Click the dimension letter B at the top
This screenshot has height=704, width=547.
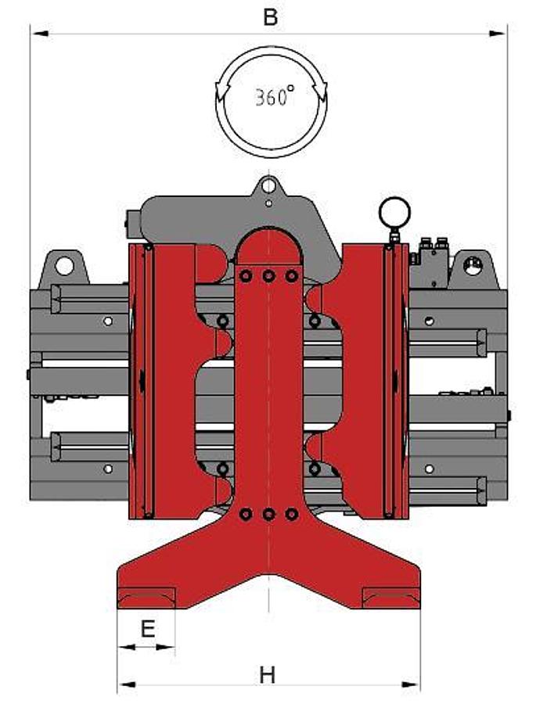[x=270, y=17]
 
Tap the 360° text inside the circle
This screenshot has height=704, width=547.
[x=273, y=97]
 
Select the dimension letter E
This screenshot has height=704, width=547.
[x=146, y=629]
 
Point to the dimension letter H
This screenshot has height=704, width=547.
[x=268, y=674]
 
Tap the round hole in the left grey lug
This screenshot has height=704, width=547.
[x=64, y=266]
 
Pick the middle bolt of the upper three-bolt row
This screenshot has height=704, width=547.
[x=268, y=276]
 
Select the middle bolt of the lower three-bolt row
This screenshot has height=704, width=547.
[x=268, y=514]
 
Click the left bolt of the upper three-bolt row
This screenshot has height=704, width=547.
[x=246, y=276]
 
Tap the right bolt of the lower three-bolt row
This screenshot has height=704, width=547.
[x=291, y=514]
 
